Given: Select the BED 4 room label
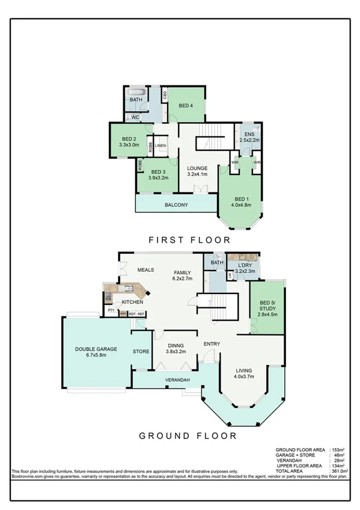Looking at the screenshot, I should click(186, 106).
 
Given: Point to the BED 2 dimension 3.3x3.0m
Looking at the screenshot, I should click(129, 145).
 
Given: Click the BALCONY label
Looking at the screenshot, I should click(177, 205).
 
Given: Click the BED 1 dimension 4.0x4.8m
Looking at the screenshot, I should click(242, 206).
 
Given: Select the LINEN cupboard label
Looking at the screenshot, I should click(160, 146).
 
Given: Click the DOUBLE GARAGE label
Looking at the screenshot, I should click(96, 349).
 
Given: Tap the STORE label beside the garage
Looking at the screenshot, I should click(141, 352).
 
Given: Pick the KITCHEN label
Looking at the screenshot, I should click(132, 302).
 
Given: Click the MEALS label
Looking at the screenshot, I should click(147, 271).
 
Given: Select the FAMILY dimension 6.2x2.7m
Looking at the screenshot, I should click(183, 279).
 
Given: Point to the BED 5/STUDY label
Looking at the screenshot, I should click(267, 307).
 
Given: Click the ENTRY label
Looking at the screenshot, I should click(212, 344).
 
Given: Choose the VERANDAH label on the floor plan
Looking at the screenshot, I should click(178, 381).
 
